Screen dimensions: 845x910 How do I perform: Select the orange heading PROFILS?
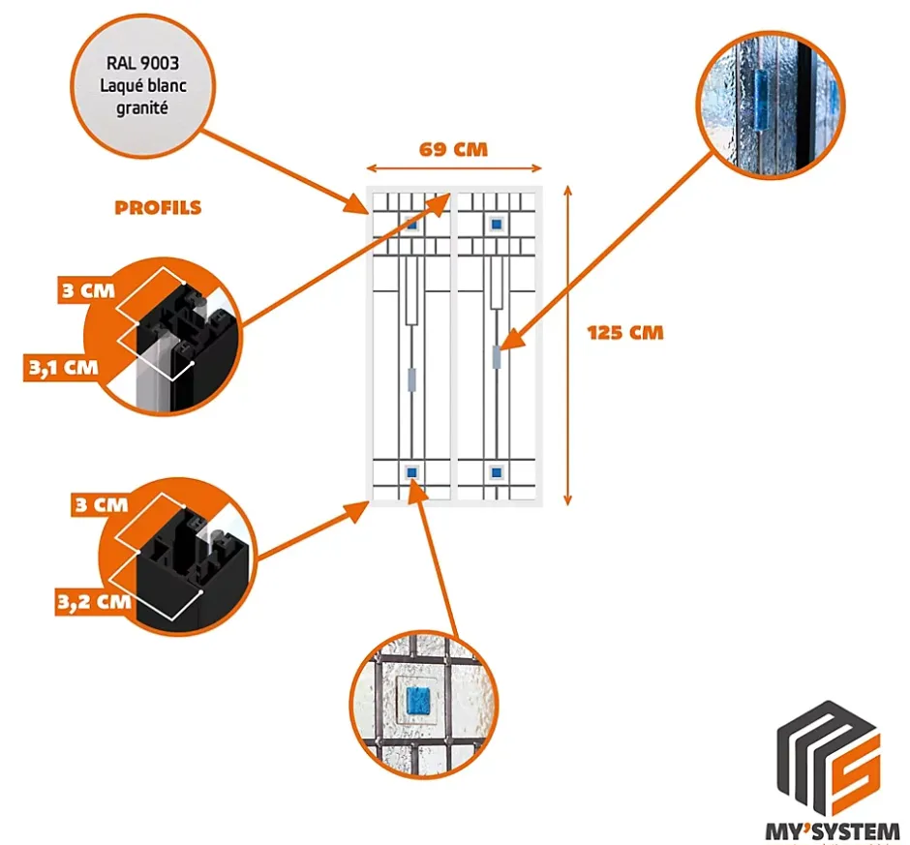pos(158,207)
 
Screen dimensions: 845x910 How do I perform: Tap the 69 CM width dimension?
pos(452,149)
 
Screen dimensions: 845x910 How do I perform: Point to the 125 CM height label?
pos(625,332)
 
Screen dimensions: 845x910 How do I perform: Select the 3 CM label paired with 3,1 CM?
pos(85,289)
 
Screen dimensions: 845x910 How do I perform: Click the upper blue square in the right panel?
pos(497,224)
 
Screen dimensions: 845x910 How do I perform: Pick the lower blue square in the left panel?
pos(412,472)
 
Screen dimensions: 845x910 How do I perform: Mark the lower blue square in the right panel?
pos(497,472)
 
